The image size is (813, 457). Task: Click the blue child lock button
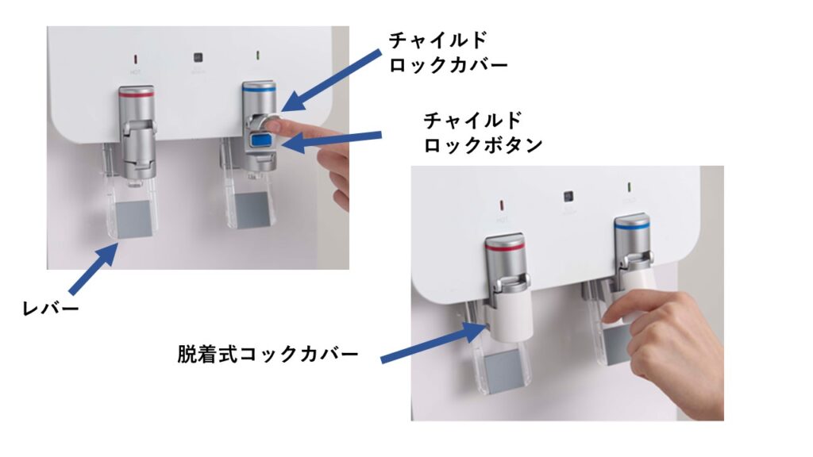(x=262, y=140)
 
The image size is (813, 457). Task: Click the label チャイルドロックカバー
(x=448, y=52)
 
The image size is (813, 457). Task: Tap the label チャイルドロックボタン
(x=483, y=132)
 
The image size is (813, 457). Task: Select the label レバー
(x=50, y=309)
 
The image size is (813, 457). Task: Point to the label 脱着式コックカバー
(x=268, y=355)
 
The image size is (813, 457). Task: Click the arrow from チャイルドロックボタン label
(x=331, y=140)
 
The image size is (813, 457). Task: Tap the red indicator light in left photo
(x=136, y=60)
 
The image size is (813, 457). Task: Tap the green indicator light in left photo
(x=258, y=55)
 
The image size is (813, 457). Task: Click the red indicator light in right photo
(x=502, y=205)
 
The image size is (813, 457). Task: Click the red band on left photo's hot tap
(x=137, y=94)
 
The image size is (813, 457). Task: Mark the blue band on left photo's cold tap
(x=259, y=89)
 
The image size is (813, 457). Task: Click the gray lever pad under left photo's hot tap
(x=133, y=221)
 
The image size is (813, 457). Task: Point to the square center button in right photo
(x=568, y=197)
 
